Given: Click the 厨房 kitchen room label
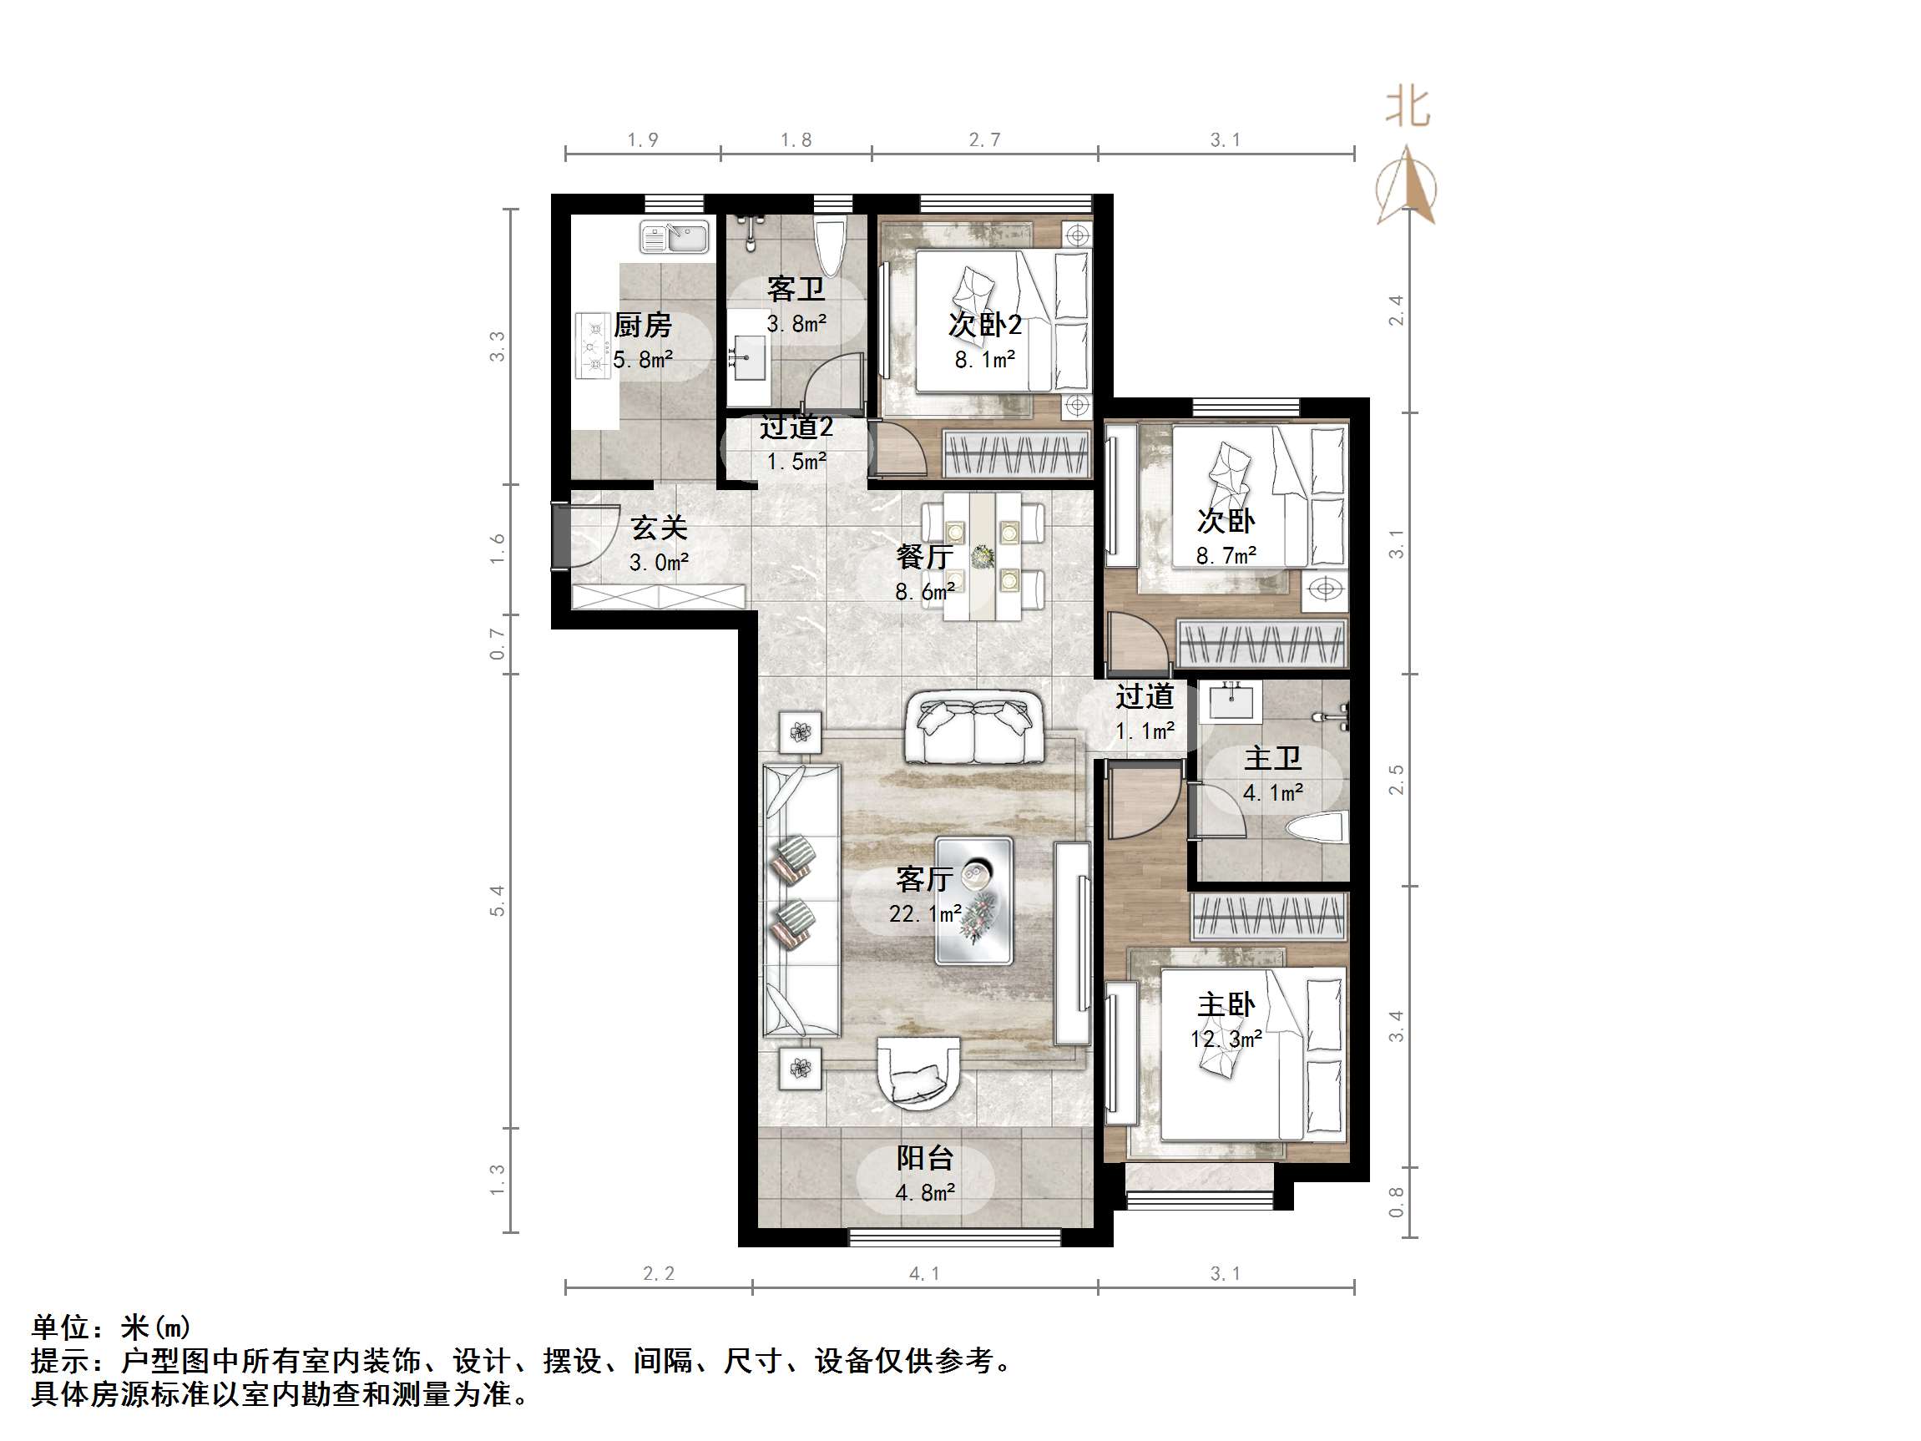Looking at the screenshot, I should (x=643, y=325).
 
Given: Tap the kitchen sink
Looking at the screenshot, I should (x=675, y=237).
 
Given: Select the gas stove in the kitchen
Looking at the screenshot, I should (x=595, y=346).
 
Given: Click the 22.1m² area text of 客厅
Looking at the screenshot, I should (x=924, y=913).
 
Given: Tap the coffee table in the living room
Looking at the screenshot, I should (x=973, y=901).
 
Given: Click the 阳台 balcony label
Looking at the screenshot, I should (x=925, y=1158).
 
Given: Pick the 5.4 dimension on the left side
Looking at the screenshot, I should (x=497, y=901).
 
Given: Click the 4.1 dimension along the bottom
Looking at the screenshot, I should (x=924, y=1274).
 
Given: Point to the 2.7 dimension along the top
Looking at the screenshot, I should (x=985, y=140).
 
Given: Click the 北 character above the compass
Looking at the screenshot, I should (x=1407, y=108).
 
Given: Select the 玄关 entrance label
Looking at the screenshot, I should (x=660, y=528).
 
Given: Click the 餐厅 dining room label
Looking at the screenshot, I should (x=925, y=557).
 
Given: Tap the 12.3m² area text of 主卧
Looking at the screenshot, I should (x=1226, y=1038).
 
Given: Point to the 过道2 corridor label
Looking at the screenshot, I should (x=796, y=427).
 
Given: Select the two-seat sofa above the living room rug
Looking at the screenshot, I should (x=974, y=727).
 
